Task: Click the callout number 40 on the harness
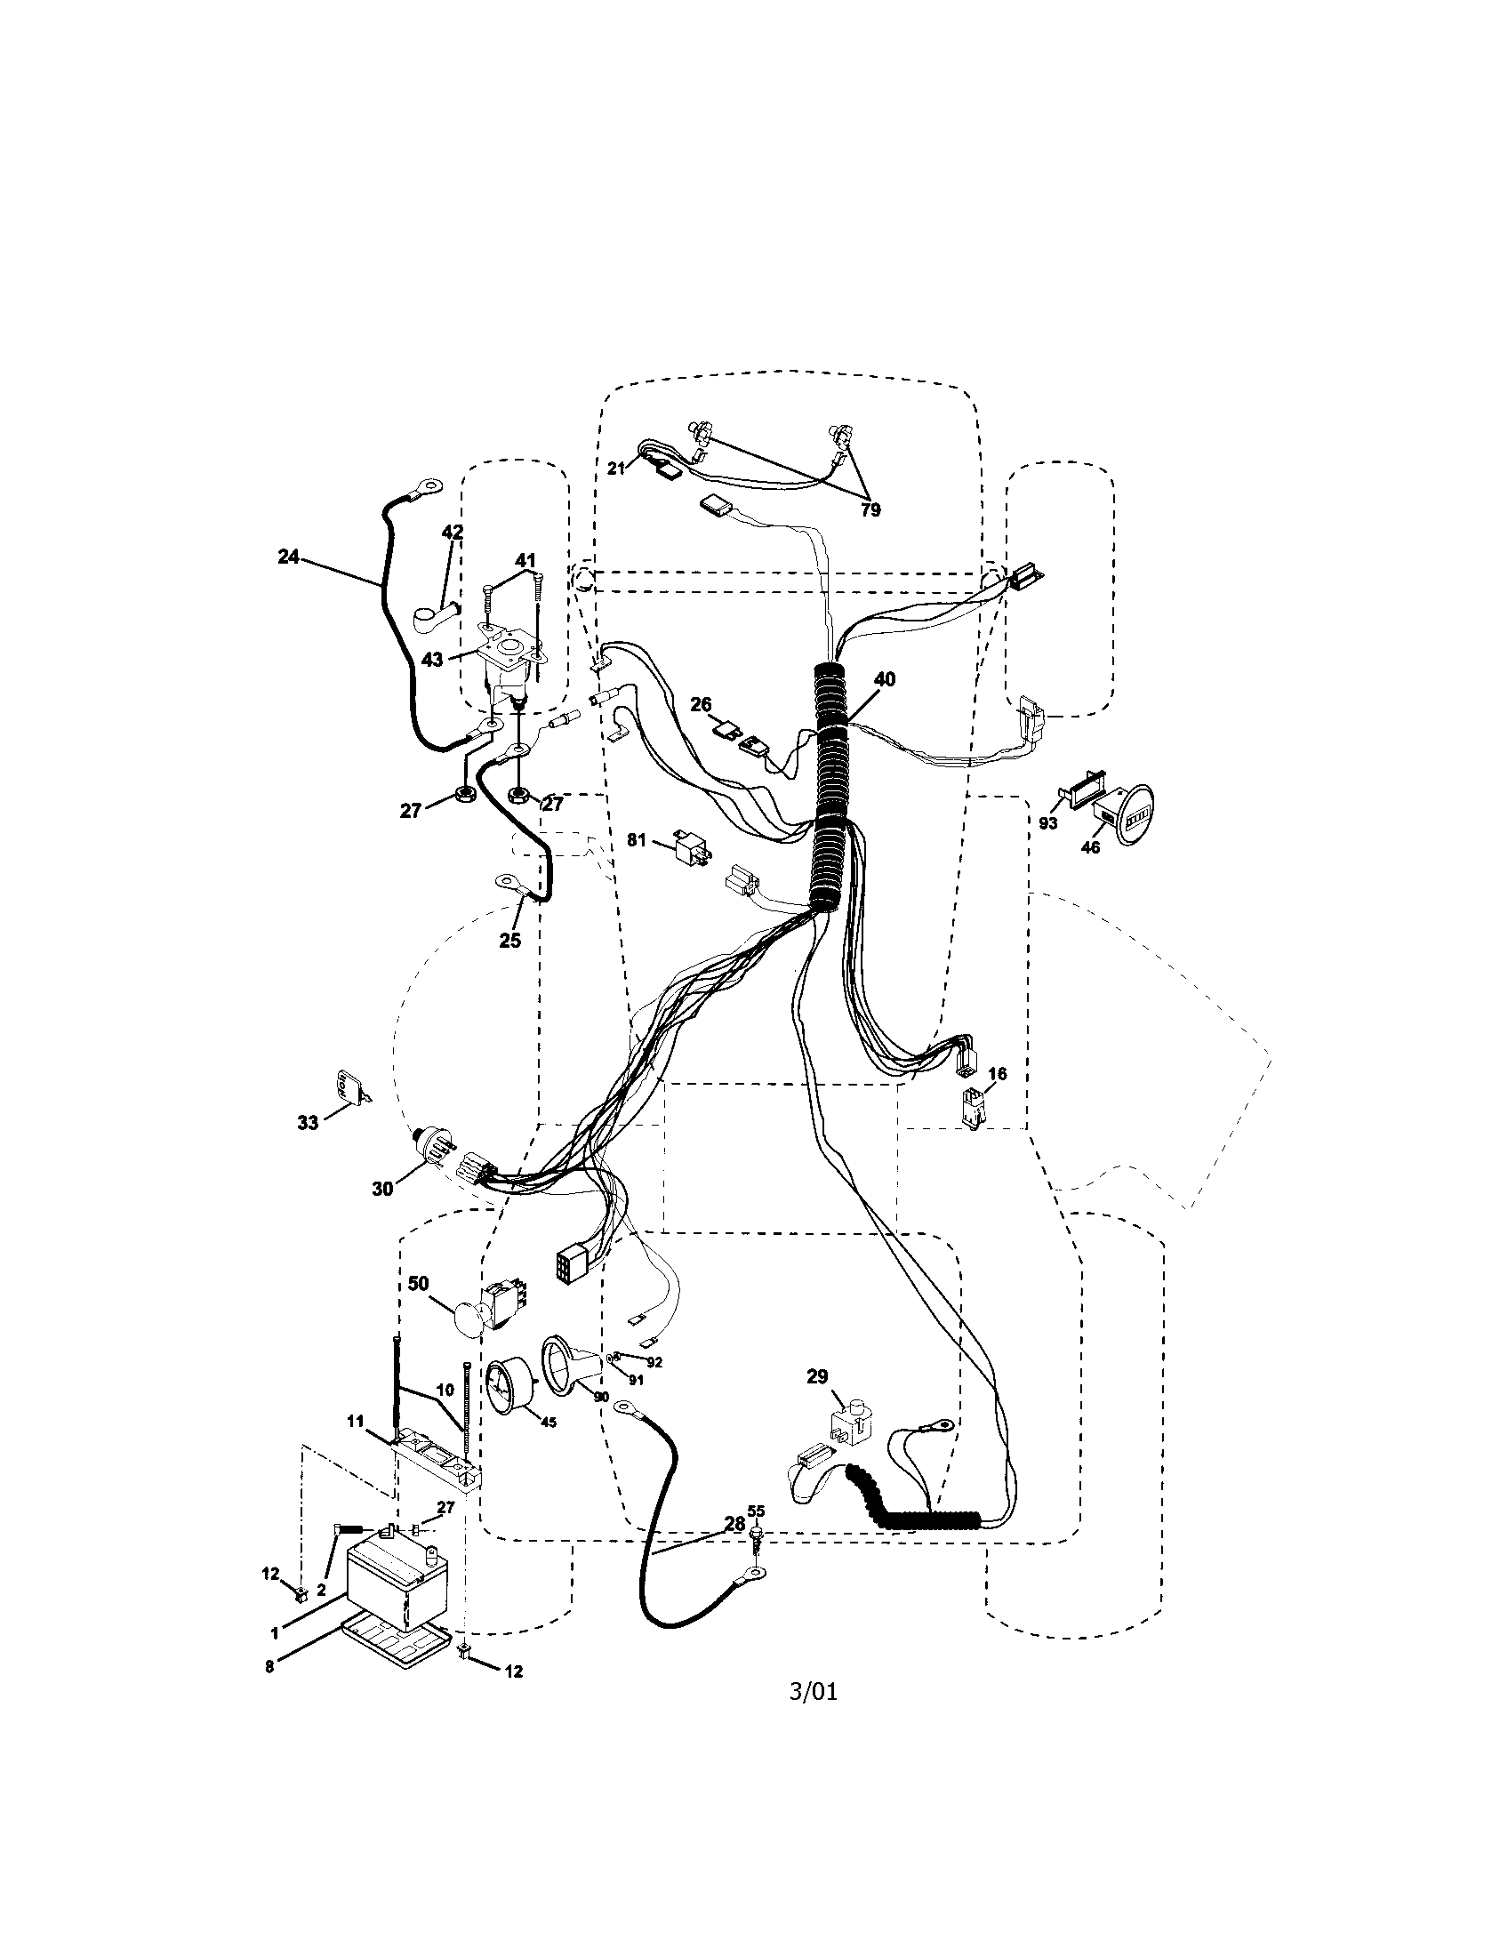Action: click(x=884, y=680)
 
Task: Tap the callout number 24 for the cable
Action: click(x=287, y=557)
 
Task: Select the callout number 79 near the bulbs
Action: click(x=870, y=509)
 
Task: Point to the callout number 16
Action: click(x=997, y=1074)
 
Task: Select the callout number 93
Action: click(x=1047, y=822)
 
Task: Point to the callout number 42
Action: click(x=453, y=532)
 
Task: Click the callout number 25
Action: click(x=509, y=941)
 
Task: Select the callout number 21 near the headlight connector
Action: click(x=616, y=468)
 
